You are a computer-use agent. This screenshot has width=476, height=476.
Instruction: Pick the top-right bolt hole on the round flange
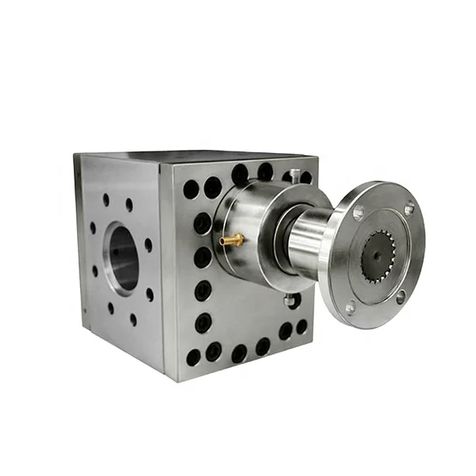[409, 209]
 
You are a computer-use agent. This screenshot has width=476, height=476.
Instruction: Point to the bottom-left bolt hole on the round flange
[350, 308]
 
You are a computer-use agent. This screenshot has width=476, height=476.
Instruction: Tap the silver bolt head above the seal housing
[295, 174]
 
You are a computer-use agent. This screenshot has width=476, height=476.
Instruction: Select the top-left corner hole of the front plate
[190, 189]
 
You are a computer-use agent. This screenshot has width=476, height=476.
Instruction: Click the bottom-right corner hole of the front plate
[301, 326]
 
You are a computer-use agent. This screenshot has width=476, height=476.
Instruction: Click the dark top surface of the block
[198, 155]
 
